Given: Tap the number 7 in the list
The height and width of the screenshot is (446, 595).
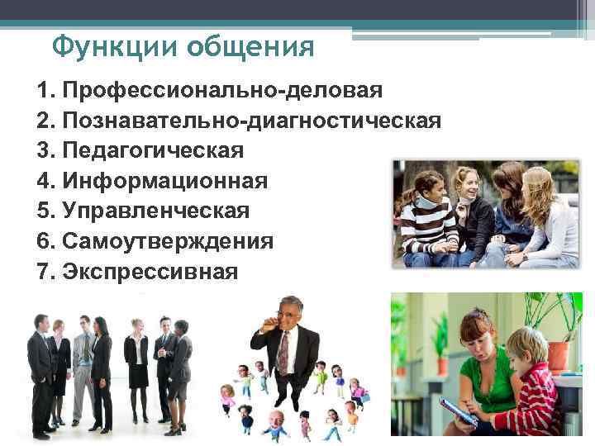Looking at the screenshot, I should [x=43, y=270].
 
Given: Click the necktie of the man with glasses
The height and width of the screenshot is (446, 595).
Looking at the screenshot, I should [x=283, y=352].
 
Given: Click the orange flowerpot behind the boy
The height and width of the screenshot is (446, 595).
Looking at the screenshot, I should [x=559, y=356].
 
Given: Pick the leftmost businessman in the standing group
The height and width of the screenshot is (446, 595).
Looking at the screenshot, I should [x=39, y=372].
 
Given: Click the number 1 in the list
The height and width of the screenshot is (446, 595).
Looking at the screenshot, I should [x=43, y=90].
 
